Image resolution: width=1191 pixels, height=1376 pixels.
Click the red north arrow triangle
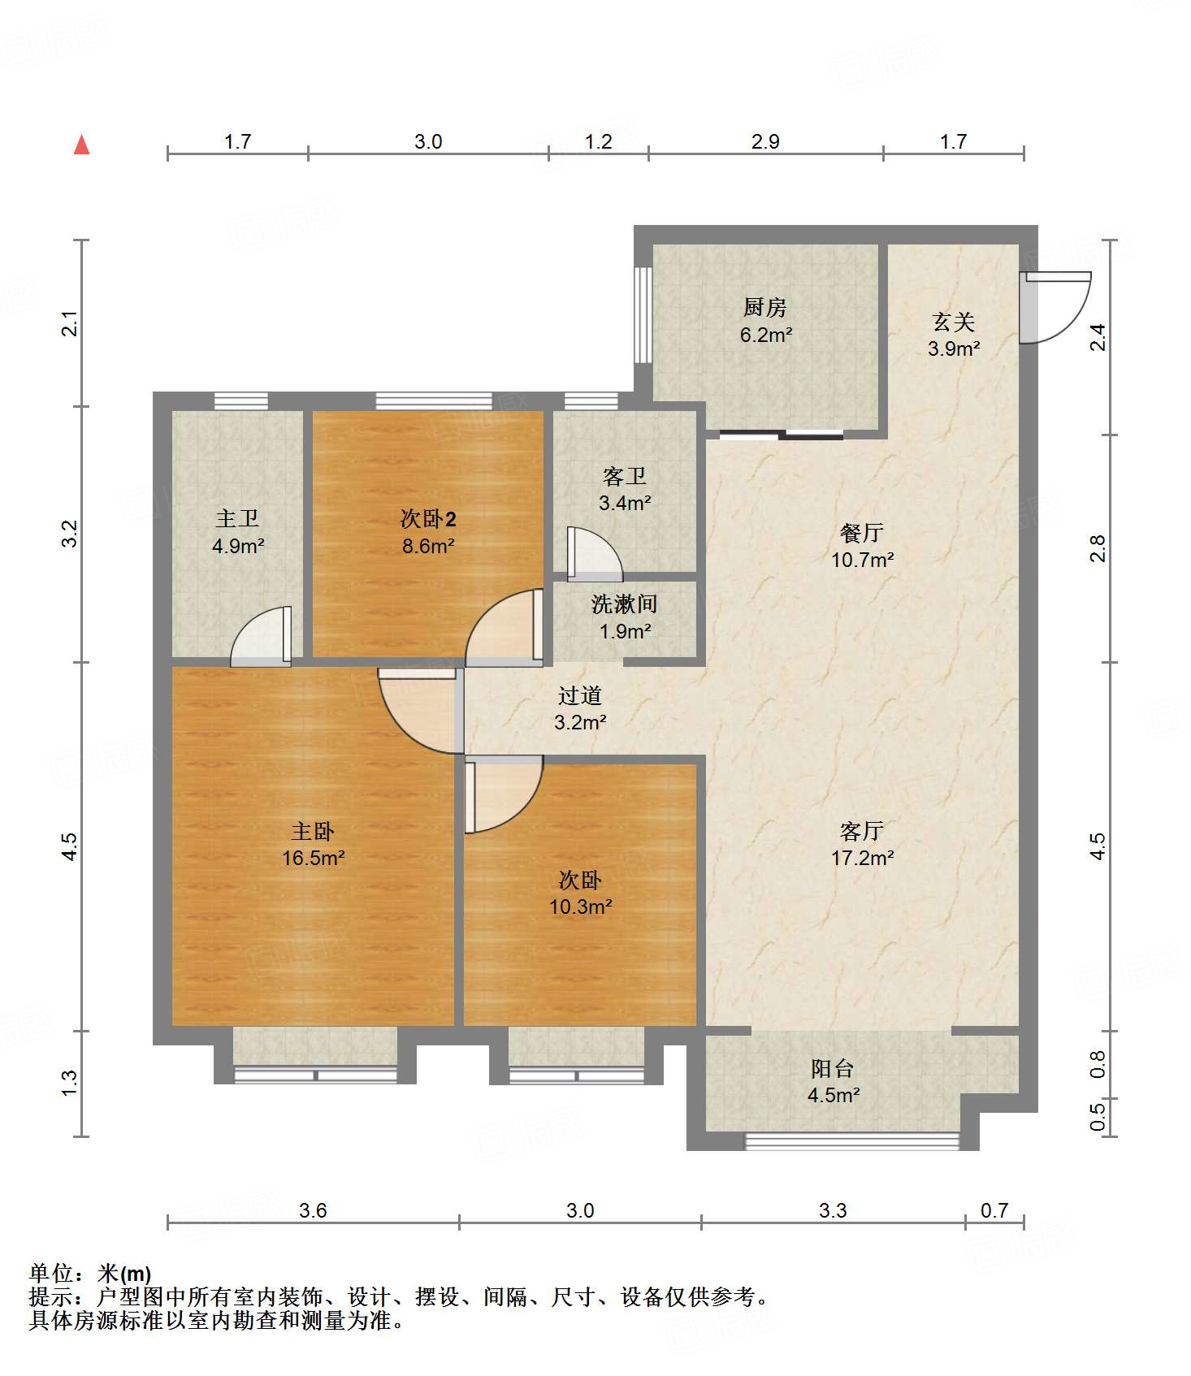pyautogui.click(x=81, y=145)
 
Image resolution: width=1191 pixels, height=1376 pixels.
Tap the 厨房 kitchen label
pyautogui.click(x=765, y=308)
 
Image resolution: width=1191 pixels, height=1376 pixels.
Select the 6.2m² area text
pyautogui.click(x=765, y=335)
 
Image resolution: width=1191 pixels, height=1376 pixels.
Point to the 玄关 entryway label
pyautogui.click(x=954, y=322)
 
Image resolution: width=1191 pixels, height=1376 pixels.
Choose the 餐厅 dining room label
pyautogui.click(x=862, y=533)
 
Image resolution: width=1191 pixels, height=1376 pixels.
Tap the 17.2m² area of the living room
pyautogui.click(x=862, y=858)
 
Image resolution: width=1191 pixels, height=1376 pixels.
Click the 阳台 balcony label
pyautogui.click(x=833, y=1068)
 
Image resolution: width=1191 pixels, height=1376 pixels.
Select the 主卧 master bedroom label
pyautogui.click(x=313, y=831)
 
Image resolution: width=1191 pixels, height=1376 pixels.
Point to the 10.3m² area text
pyautogui.click(x=580, y=907)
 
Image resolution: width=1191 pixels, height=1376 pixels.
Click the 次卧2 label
pyautogui.click(x=428, y=518)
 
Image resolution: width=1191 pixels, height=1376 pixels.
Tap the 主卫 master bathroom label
pyautogui.click(x=237, y=518)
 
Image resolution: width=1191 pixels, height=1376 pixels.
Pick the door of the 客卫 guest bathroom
pyautogui.click(x=594, y=554)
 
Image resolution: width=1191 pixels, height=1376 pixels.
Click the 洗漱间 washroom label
pyautogui.click(x=624, y=604)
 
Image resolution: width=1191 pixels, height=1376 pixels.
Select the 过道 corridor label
pyautogui.click(x=580, y=695)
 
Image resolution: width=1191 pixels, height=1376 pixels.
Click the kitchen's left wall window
pyautogui.click(x=643, y=314)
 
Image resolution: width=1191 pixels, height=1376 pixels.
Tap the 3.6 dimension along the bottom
pyautogui.click(x=313, y=1211)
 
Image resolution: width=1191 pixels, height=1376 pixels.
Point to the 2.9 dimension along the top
pyautogui.click(x=765, y=142)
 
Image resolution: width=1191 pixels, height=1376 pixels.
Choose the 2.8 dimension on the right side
pyautogui.click(x=1098, y=548)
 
